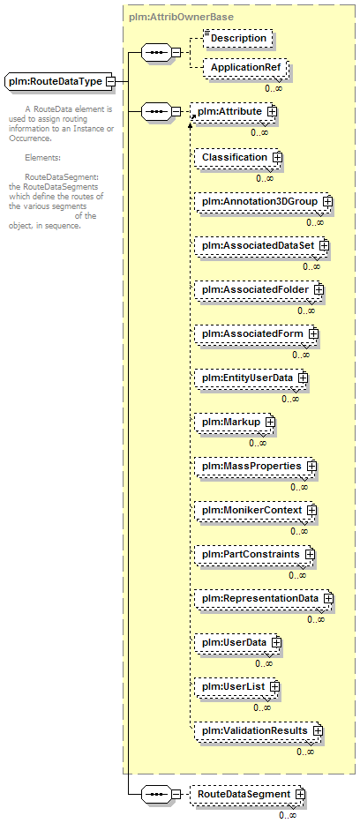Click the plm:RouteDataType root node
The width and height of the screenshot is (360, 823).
[x=60, y=81]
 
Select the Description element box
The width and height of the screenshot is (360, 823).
[x=237, y=38]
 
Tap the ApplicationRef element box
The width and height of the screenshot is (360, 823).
[x=245, y=68]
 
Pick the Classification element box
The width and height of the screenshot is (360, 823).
[x=238, y=157]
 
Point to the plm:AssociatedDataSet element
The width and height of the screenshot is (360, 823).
[x=261, y=245]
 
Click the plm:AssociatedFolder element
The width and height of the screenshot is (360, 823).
[x=259, y=289]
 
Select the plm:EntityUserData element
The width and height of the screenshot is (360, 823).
[x=251, y=378]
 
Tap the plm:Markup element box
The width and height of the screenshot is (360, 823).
[x=235, y=422]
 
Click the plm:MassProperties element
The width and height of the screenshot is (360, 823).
[x=256, y=466]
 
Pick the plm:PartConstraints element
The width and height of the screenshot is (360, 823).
[x=255, y=554]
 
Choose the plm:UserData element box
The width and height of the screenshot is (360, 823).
[x=238, y=642]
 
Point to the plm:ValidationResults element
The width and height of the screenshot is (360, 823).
[x=259, y=730]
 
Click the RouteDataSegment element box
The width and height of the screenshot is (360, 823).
[x=248, y=794]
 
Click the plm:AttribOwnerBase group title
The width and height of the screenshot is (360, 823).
[x=181, y=17]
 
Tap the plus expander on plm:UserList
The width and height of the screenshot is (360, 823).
[x=274, y=686]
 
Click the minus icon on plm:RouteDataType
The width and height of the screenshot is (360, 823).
[x=110, y=81]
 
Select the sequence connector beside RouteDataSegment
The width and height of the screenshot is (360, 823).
[x=156, y=794]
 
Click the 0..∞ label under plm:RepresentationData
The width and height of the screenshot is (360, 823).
[x=316, y=619]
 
